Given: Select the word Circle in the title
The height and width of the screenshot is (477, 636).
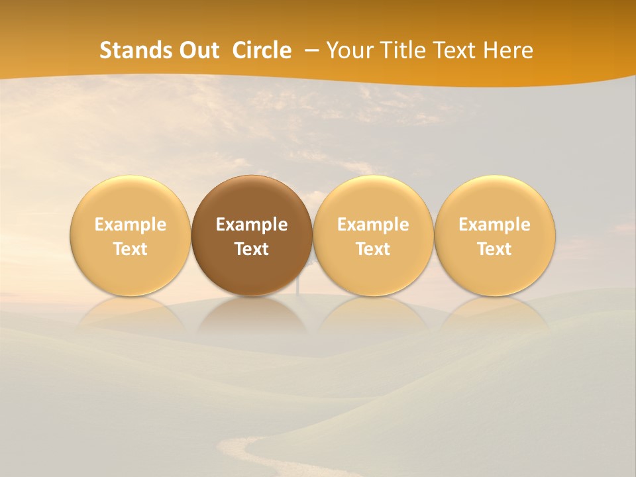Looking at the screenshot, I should click(262, 50).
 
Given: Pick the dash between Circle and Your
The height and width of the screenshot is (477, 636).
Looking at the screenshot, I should click(309, 50).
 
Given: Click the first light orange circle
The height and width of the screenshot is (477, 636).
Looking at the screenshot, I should click(130, 199).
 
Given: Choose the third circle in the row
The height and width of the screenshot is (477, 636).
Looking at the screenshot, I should click(373, 199).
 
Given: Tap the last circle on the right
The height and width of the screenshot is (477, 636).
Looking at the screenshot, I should click(495, 199).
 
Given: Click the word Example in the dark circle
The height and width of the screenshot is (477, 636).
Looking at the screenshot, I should click(252, 225).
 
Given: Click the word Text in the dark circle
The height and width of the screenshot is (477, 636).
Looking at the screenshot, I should click(252, 249).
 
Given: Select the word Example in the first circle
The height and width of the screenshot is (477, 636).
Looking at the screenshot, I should click(130, 225).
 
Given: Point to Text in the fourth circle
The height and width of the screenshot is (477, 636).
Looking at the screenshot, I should click(495, 249).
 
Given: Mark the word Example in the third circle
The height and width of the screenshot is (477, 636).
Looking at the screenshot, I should click(373, 225).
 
